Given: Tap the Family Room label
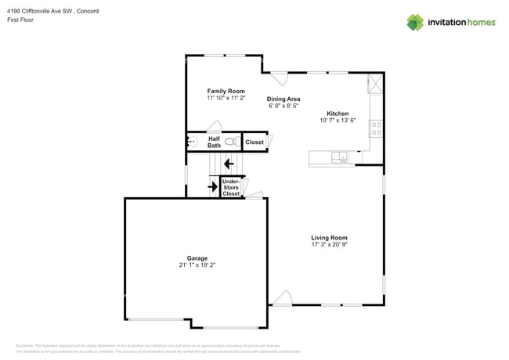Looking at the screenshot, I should click(x=226, y=91).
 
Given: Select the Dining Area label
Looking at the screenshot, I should click(x=283, y=99).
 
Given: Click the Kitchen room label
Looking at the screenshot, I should click(x=338, y=113).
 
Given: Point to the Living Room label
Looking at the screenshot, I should click(x=329, y=237).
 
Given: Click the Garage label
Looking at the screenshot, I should click(x=197, y=258).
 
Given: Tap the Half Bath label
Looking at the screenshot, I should click(x=214, y=142).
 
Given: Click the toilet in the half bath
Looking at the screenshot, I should click(x=233, y=142).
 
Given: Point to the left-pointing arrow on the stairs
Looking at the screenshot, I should click(x=228, y=164).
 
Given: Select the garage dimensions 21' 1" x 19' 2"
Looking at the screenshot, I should click(x=197, y=265).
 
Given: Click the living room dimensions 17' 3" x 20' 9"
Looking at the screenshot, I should click(x=329, y=244).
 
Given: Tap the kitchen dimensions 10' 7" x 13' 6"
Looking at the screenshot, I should click(x=338, y=121).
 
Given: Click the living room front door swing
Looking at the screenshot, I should click(x=283, y=297).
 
